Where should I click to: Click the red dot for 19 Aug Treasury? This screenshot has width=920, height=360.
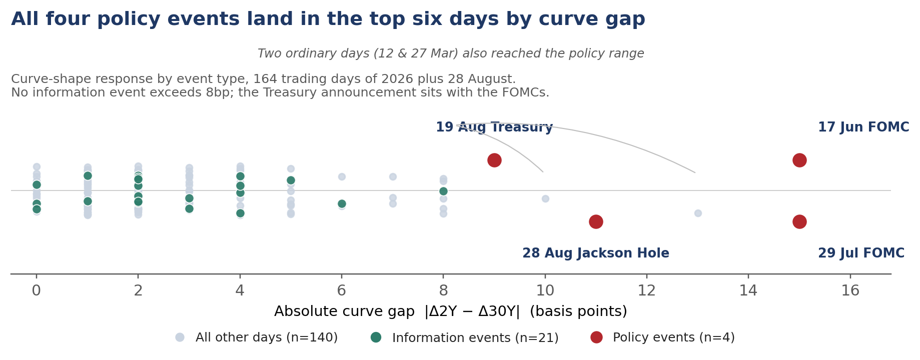point(494,160)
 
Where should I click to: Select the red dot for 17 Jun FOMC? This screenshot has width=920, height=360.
point(799,160)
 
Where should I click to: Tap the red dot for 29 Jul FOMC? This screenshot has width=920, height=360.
point(799,221)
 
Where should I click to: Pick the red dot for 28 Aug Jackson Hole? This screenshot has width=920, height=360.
point(596,221)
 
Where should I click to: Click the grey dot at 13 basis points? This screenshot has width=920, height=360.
point(698,213)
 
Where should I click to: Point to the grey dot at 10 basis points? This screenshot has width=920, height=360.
point(545,198)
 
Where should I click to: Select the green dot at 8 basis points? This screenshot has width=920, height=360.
point(443,191)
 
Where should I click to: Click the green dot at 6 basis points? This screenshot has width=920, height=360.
point(342,203)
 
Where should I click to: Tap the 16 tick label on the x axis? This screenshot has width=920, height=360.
point(850,290)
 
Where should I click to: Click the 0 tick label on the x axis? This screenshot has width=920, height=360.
point(37,290)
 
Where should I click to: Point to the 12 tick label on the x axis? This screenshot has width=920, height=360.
point(647,290)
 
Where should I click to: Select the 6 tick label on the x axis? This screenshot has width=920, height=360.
point(342,290)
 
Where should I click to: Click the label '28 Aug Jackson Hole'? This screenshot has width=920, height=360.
point(596,253)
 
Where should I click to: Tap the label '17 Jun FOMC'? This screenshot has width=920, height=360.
point(863,127)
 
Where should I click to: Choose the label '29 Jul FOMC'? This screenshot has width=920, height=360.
point(861,253)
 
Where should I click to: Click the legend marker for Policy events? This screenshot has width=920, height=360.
point(596,337)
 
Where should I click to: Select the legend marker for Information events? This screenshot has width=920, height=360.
point(376,337)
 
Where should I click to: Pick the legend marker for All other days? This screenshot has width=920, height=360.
point(180,337)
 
